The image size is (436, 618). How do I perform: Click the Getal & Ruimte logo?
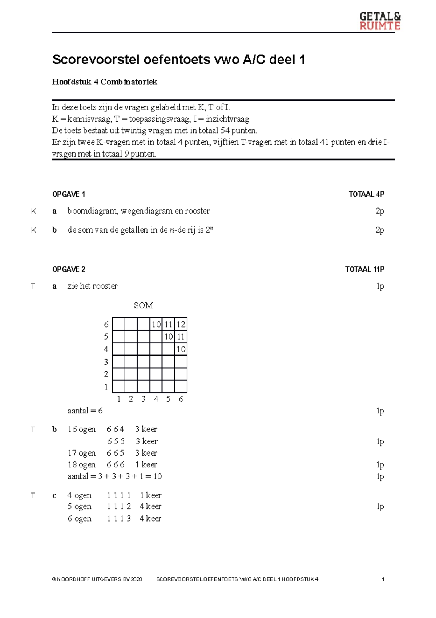[x=380, y=21]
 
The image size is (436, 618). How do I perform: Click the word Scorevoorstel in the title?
[x=95, y=59]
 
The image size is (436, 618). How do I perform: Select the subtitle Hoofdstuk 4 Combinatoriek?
[x=105, y=82]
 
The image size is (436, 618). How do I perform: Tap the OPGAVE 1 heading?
[x=69, y=194]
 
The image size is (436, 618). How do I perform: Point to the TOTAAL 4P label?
[x=366, y=194]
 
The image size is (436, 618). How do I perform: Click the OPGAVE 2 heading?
[x=69, y=269]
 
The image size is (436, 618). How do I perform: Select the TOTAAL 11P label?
[x=364, y=269]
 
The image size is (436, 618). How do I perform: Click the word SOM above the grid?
[x=144, y=305]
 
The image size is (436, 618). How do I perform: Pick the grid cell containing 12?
[x=181, y=324]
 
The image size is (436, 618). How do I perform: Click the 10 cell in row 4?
[x=181, y=349]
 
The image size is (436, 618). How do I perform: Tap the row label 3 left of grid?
[x=106, y=362]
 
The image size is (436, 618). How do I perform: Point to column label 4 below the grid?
[x=156, y=399]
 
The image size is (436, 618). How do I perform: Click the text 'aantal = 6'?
[x=85, y=411]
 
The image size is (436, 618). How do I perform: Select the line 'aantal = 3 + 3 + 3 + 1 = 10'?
[x=114, y=476]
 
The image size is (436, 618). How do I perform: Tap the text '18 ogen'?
[x=81, y=465]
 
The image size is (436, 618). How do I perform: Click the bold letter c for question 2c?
[x=54, y=495]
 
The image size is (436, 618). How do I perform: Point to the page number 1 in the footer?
[x=383, y=579]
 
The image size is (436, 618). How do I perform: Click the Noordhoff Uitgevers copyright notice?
[x=97, y=579]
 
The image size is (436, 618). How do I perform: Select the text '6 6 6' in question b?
[x=116, y=465]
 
